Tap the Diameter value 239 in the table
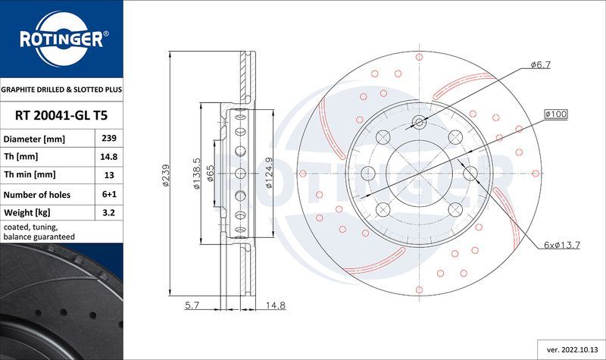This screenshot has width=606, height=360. tap(108, 139)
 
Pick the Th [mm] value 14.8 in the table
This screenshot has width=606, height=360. tap(108, 158)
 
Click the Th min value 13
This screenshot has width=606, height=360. tap(108, 176)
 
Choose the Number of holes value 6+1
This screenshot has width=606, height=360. tap(108, 195)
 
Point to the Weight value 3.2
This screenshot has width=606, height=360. tap(108, 213)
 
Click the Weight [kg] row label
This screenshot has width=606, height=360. tap(27, 213)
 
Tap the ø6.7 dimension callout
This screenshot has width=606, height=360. tap(540, 65)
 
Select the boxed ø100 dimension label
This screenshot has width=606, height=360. tap(555, 114)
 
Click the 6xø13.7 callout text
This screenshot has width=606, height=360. tap(561, 245)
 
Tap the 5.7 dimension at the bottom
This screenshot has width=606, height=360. tap(192, 306)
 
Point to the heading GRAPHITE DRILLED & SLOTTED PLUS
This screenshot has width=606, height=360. tap(61, 89)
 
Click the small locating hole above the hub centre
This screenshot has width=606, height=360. tap(420, 122)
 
